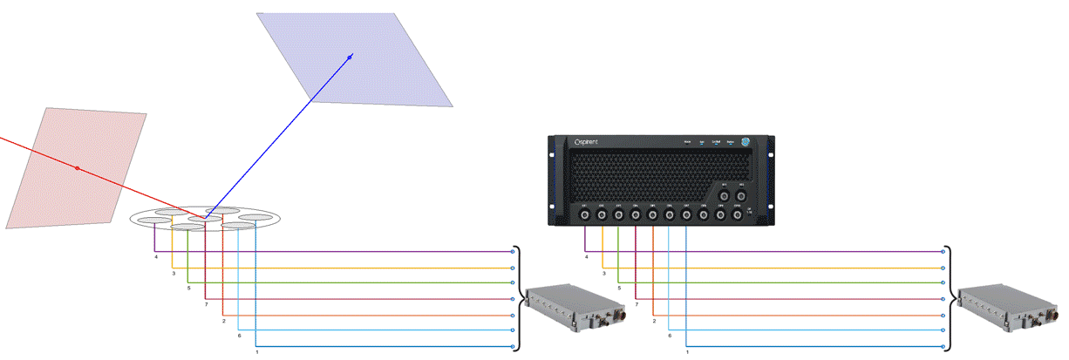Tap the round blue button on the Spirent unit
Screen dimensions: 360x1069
point(746,143)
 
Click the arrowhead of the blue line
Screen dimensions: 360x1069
point(351,57)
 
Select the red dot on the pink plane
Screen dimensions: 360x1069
point(77,167)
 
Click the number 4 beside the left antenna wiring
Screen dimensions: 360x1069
point(156,257)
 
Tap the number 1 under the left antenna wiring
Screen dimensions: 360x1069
point(256,352)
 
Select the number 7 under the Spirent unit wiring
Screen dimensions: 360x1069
point(637,304)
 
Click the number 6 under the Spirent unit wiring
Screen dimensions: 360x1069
point(670,336)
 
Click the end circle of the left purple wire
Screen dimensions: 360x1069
point(512,252)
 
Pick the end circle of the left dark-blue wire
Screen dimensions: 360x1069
point(512,347)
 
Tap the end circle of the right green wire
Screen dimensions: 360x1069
point(943,283)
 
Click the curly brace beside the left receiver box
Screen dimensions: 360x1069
point(521,299)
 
